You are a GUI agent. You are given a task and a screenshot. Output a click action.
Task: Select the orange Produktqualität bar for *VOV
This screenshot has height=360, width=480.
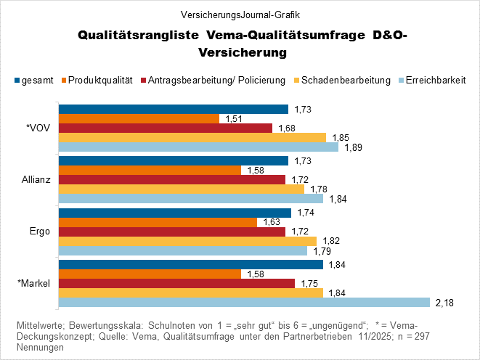pos(139,119)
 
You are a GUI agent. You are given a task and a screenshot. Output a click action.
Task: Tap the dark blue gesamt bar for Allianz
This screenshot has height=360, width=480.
pos(173,160)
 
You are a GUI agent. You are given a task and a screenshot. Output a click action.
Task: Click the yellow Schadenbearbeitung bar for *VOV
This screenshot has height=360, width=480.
pos(192,138)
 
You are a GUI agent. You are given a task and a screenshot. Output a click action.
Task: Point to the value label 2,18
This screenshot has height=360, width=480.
pos(444,303)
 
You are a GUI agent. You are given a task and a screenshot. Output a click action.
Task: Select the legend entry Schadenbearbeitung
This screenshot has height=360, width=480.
pos(346,81)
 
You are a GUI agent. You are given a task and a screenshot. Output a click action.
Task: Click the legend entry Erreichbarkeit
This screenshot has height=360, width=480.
pos(436,81)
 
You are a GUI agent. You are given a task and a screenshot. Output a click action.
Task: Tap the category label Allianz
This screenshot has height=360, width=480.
pos(36,179)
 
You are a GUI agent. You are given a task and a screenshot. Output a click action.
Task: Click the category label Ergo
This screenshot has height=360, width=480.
pos(41,231)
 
